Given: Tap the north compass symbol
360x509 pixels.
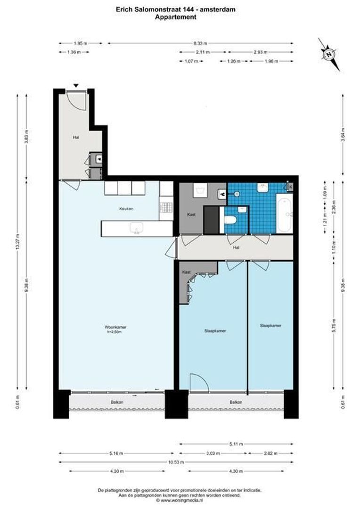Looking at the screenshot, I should pos(328,54).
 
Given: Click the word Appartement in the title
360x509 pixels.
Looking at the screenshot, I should pos(176,17).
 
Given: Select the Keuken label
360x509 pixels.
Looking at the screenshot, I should pos(126,208).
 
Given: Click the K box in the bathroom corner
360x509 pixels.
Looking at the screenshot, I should pos(290,187).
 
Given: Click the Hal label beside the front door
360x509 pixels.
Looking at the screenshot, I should pos(75,138).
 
